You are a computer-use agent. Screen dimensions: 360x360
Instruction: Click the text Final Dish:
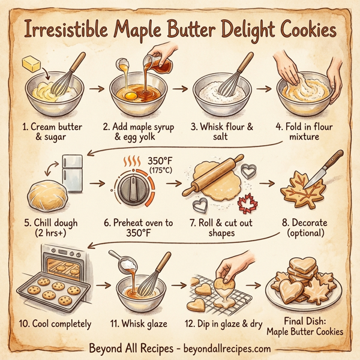point(306,320)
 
